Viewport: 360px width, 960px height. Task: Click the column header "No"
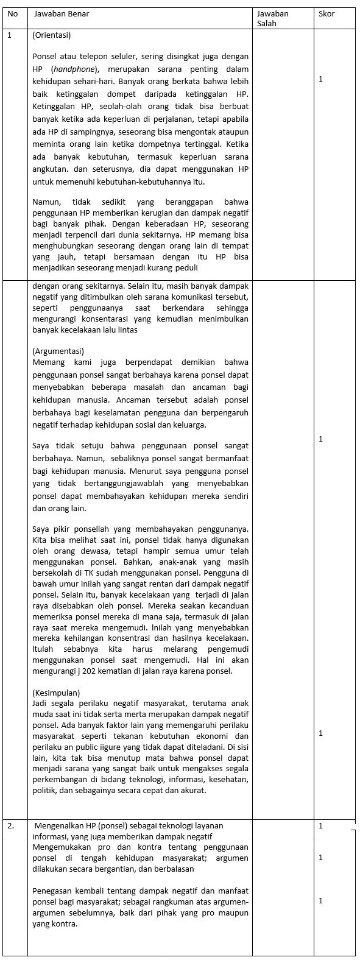[12, 13]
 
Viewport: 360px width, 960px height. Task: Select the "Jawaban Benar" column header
[62, 13]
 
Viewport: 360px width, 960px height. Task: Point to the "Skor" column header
[326, 13]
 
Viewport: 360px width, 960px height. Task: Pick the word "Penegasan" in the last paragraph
[52, 891]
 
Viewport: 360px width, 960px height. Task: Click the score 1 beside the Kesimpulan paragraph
[321, 733]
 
